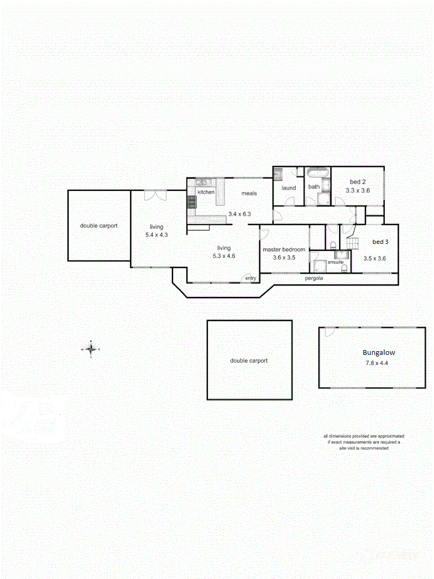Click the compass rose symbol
(91, 348)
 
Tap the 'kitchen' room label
(206, 192)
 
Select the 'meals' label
(249, 193)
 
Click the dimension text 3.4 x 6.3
(240, 214)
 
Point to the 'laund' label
(289, 188)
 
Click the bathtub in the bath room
(318, 173)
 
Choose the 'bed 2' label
(357, 182)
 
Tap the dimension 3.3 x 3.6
(357, 190)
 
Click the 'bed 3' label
(380, 242)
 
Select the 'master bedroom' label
(284, 249)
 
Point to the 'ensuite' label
(335, 262)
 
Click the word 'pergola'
(313, 278)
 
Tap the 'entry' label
(251, 278)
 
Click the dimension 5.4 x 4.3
(156, 235)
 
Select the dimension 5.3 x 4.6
(223, 256)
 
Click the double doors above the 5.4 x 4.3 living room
(155, 195)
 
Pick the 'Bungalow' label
(379, 353)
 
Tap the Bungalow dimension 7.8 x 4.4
(377, 363)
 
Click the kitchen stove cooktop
(192, 202)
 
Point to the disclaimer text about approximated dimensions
(363, 442)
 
